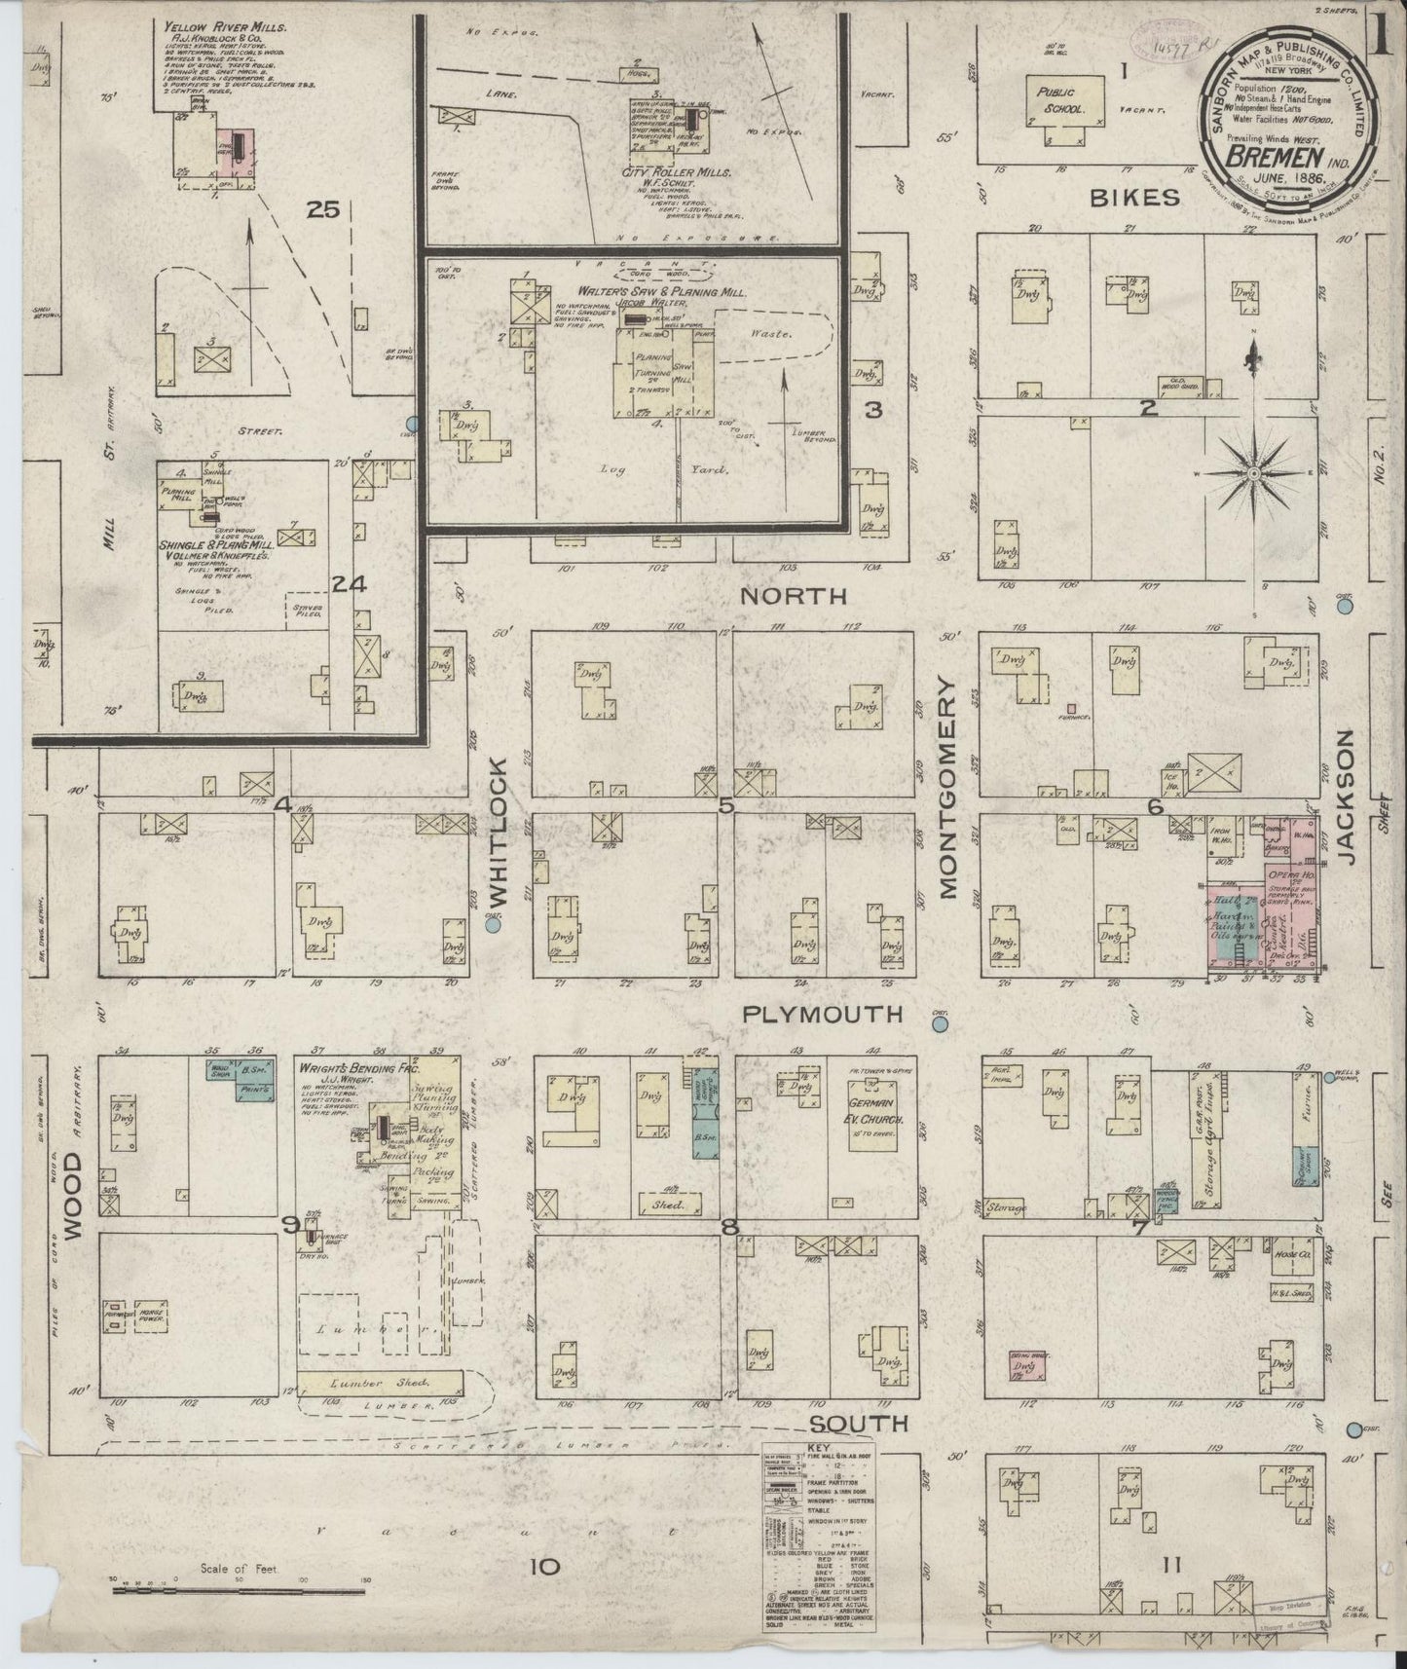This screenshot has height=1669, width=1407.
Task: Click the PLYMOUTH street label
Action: coord(823,1015)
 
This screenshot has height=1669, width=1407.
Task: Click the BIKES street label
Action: coord(1134,198)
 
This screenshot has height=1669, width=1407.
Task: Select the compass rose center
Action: coord(1253,473)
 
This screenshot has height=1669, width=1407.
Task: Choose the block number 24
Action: coord(348,584)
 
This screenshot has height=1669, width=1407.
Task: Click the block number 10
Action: coord(546,1567)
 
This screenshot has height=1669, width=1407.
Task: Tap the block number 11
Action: coord(1171,1566)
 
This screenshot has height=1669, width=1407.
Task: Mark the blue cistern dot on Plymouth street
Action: coord(941,1023)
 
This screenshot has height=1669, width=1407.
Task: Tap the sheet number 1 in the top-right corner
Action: coord(1382,21)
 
